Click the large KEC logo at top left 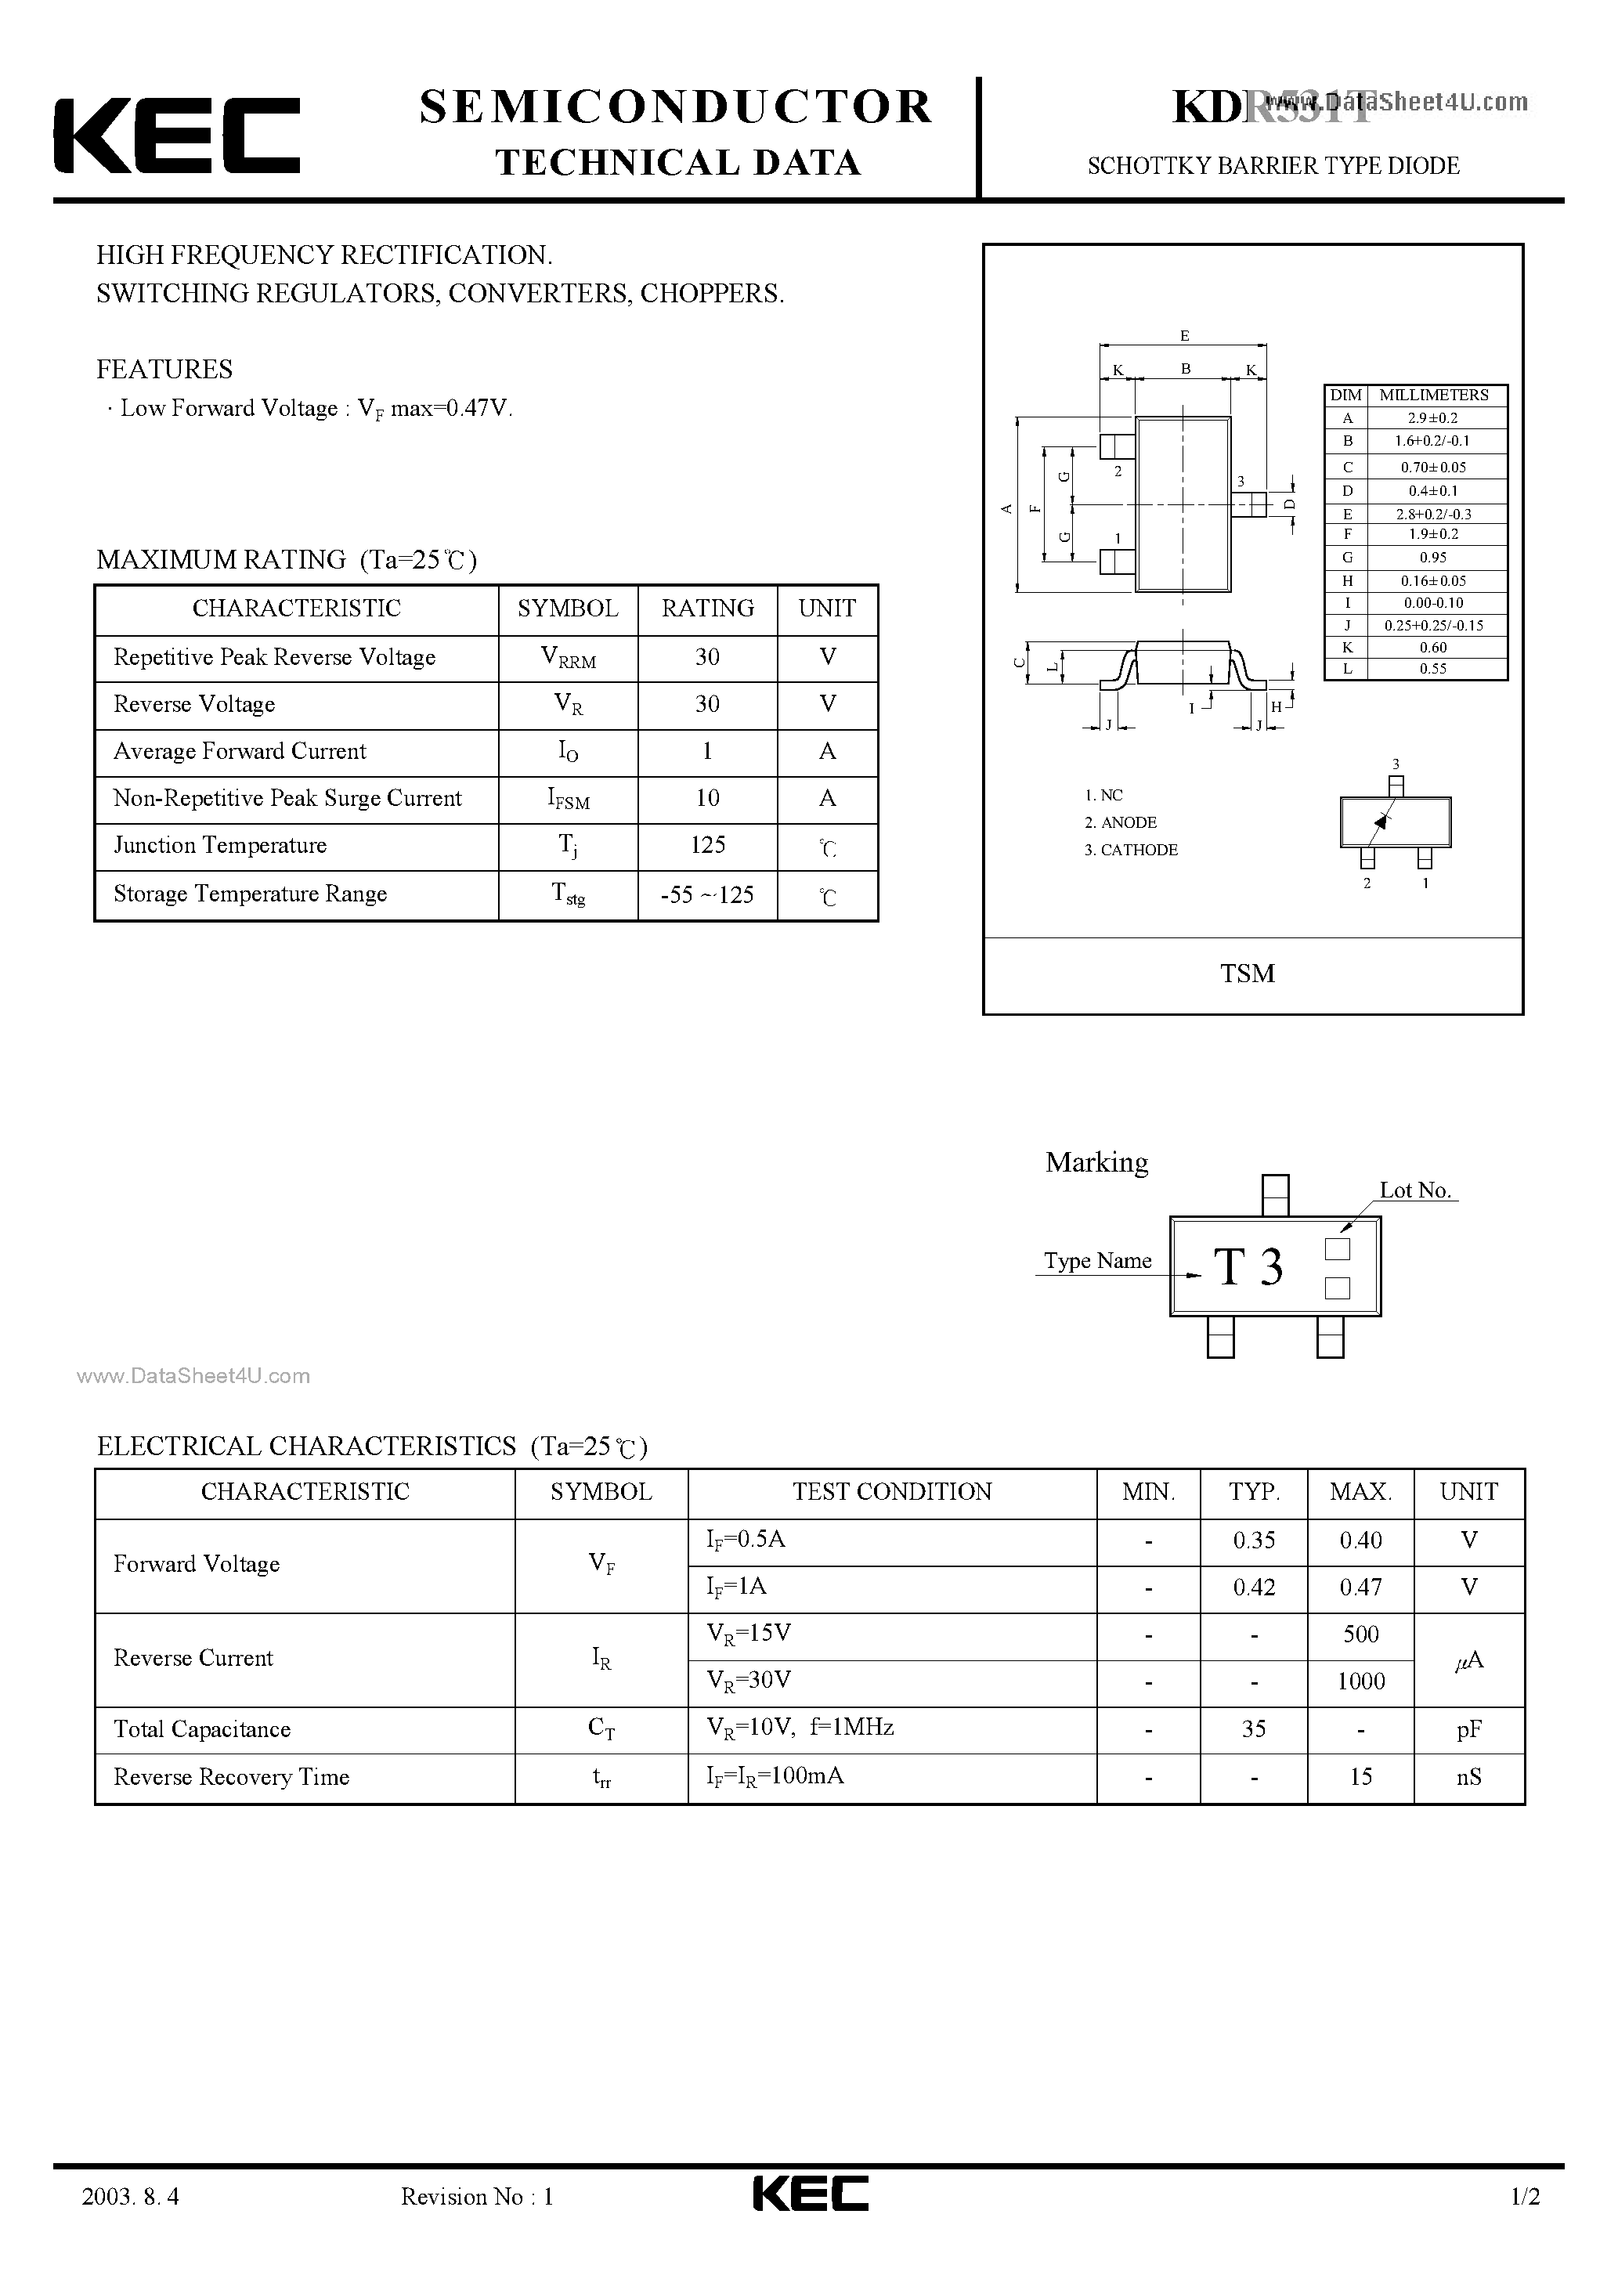(x=176, y=135)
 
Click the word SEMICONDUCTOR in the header (x=675, y=107)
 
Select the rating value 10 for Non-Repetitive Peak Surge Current (x=707, y=798)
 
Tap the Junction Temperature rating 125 (x=707, y=845)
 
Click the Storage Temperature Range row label (x=249, y=894)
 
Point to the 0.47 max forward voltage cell (x=1360, y=1587)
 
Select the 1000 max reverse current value (x=1360, y=1681)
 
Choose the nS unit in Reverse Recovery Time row (x=1468, y=1776)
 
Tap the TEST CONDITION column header (x=892, y=1491)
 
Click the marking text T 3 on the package (x=1248, y=1268)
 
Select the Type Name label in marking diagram (x=1097, y=1261)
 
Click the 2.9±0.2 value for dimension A (x=1432, y=418)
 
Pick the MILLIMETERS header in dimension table (x=1433, y=395)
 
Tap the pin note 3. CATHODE (x=1131, y=850)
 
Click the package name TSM (x=1247, y=973)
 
